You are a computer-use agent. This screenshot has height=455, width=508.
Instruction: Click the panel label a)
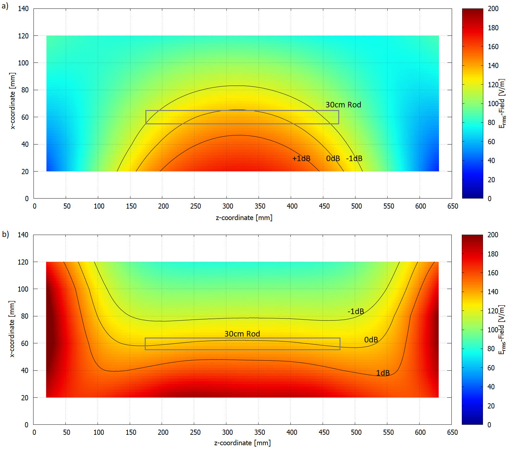[x=5, y=6]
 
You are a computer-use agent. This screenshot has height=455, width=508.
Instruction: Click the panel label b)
[x=6, y=234]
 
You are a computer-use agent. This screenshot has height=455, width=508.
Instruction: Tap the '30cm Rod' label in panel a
[x=343, y=105]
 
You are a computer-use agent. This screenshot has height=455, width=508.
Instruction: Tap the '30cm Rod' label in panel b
[x=242, y=334]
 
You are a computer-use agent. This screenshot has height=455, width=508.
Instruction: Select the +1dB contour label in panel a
[x=301, y=159]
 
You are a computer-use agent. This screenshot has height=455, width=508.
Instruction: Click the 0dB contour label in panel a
[x=333, y=159]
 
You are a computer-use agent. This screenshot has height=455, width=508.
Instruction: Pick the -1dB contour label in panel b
[x=355, y=311]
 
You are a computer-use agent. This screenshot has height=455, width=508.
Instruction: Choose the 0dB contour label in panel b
[x=371, y=340]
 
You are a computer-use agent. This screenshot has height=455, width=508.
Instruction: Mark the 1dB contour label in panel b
[x=382, y=373]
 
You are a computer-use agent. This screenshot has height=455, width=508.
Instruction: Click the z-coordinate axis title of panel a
[x=244, y=218]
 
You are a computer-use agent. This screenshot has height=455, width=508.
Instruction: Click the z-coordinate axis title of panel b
[x=242, y=443]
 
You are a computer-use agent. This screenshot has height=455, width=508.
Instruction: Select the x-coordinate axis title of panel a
[x=12, y=101]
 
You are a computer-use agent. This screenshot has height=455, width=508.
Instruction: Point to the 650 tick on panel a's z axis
[x=452, y=206]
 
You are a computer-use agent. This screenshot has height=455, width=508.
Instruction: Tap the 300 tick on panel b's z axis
[x=227, y=432]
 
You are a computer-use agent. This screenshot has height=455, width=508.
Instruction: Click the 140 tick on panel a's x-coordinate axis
[x=23, y=9]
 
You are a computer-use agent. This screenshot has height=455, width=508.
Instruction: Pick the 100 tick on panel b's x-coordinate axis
[x=23, y=289]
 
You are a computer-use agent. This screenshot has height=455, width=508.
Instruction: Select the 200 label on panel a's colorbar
[x=493, y=9]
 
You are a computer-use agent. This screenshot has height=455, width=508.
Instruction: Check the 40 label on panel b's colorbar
[x=491, y=387]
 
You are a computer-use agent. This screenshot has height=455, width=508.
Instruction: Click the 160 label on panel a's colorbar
[x=493, y=47]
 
